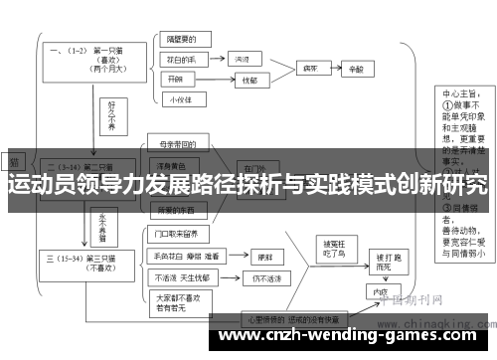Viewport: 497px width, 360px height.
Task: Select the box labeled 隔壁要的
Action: coord(182,40)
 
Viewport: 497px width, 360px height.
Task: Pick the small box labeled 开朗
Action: coord(176,78)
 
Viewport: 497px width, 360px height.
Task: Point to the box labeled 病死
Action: coord(310,68)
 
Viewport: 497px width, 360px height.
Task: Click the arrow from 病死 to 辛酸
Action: coord(333,68)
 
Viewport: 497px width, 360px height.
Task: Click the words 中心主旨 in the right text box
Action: coord(459,96)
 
